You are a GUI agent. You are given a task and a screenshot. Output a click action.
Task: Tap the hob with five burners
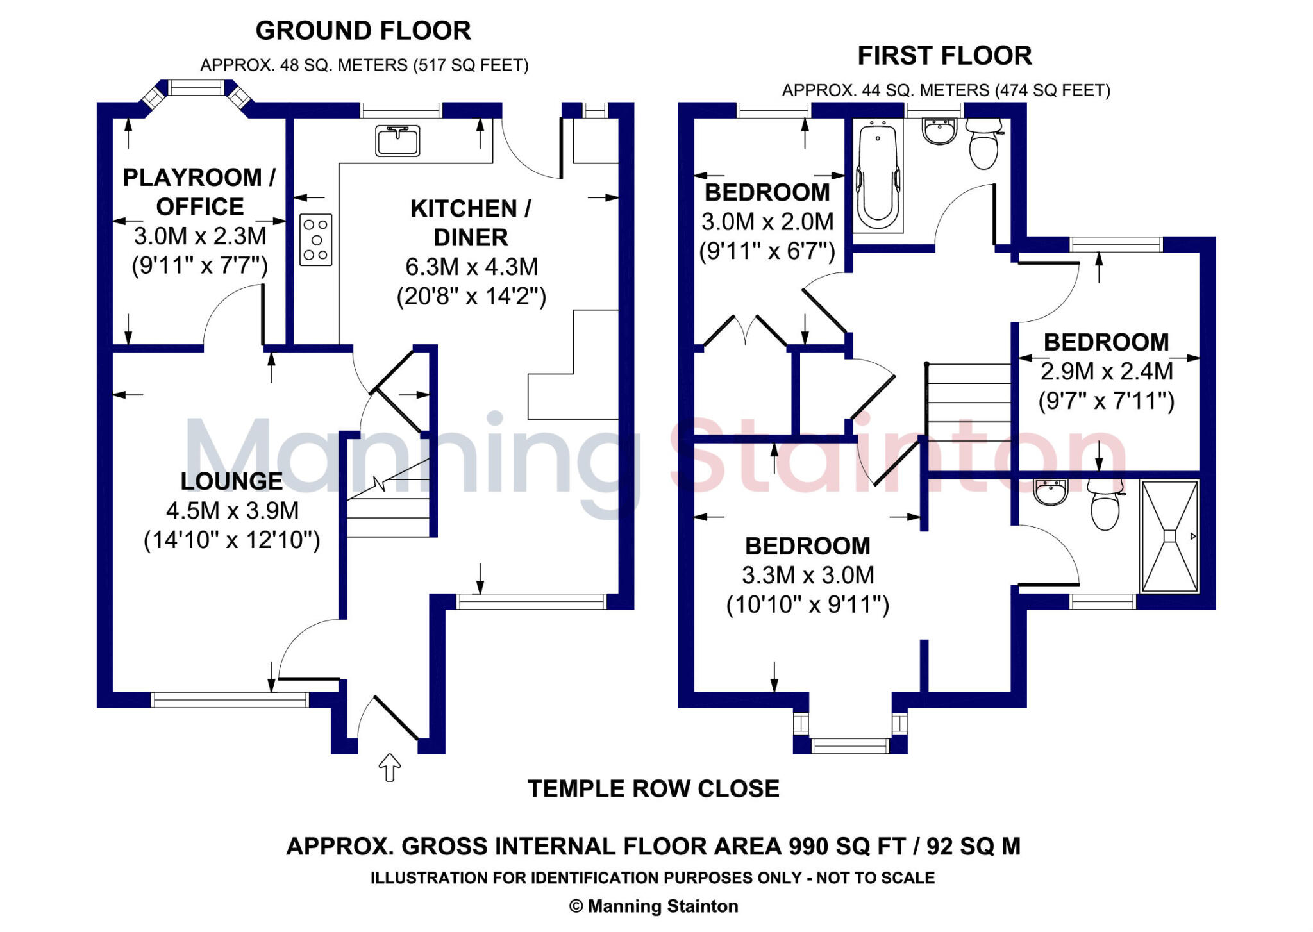316,240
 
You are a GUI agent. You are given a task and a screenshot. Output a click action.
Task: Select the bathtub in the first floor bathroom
878,177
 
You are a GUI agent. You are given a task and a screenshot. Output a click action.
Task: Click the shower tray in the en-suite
1170,536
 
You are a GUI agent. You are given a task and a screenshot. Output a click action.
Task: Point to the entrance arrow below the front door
390,767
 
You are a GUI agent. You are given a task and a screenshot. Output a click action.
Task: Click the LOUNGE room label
231,481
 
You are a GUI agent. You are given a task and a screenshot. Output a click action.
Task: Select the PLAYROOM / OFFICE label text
199,192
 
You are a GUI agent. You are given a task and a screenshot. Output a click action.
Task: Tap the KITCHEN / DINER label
471,222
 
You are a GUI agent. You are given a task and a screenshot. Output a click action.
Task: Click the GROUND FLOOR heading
363,31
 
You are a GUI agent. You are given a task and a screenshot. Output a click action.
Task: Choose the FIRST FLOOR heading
944,56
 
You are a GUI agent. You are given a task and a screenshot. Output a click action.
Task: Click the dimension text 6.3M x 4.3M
471,267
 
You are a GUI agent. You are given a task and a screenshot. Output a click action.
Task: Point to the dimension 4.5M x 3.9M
232,510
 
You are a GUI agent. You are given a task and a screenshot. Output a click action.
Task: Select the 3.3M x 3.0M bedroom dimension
808,575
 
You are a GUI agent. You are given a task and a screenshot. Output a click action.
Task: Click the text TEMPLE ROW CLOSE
653,788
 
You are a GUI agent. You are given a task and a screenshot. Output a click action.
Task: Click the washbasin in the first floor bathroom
939,131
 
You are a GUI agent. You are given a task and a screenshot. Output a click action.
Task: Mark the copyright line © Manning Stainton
653,906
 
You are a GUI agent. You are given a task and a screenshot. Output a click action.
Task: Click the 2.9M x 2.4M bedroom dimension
1107,371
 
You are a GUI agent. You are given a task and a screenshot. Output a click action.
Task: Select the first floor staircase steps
969,401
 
